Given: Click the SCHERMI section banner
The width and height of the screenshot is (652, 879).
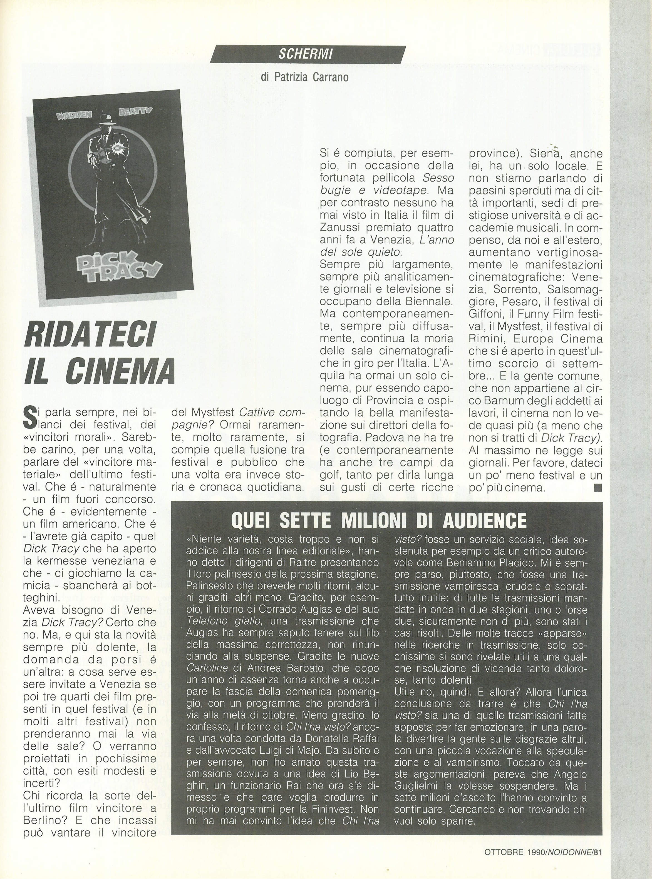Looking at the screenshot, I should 308,55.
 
